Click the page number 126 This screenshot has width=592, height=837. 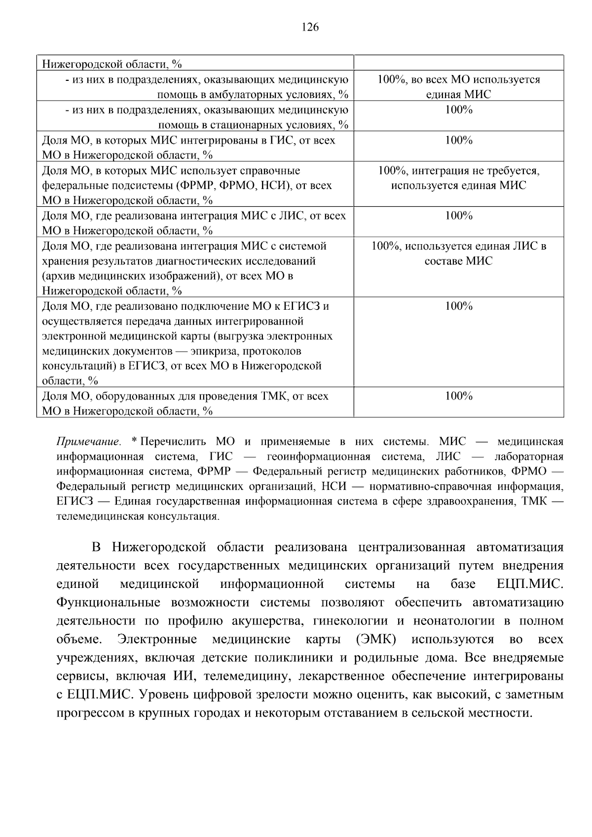point(310,27)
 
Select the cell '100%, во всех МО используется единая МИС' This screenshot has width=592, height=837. point(458,87)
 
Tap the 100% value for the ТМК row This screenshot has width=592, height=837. point(458,396)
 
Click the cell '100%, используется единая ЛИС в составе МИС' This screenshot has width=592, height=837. point(458,253)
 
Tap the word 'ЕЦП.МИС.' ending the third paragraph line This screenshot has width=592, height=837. point(529,584)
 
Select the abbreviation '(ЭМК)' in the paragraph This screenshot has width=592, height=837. point(375,639)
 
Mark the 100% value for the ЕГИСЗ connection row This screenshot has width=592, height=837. point(458,306)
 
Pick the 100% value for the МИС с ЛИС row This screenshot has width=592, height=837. point(458,216)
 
